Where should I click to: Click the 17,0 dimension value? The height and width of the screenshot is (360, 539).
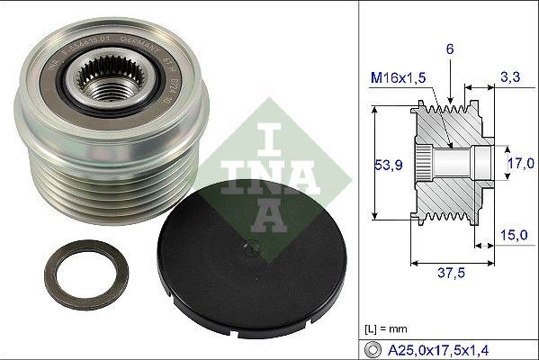(x=521, y=165)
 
